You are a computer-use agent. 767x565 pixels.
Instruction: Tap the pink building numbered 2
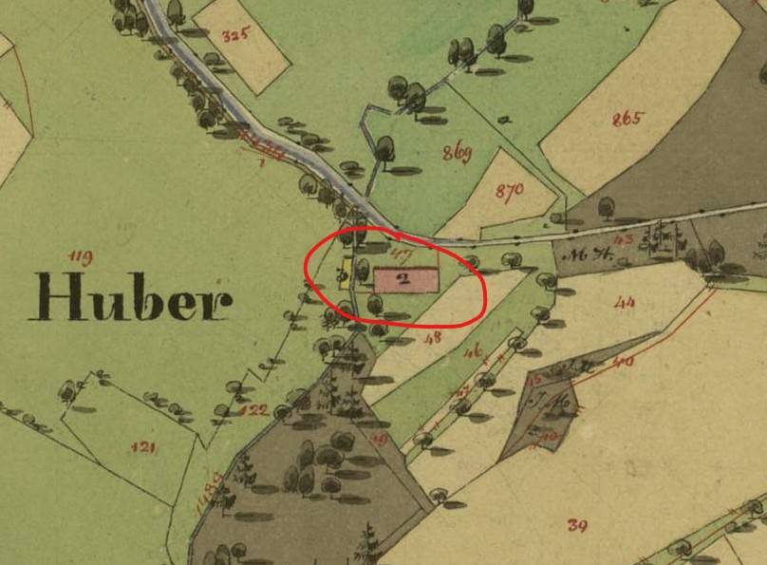pyautogui.click(x=406, y=279)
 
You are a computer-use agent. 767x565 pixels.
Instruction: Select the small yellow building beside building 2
pyautogui.click(x=345, y=274)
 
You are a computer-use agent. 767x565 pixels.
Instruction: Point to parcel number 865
pyautogui.click(x=627, y=120)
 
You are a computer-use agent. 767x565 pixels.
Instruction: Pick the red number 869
pyautogui.click(x=457, y=153)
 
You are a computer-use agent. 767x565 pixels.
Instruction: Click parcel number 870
pyautogui.click(x=510, y=190)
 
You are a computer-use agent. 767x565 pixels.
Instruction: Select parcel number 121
pyautogui.click(x=143, y=446)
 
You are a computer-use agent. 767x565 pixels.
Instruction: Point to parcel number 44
pyautogui.click(x=624, y=303)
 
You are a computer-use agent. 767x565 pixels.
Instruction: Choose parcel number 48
pyautogui.click(x=435, y=336)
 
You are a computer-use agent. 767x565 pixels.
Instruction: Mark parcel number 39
pyautogui.click(x=576, y=524)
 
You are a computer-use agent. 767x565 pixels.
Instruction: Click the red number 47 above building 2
pyautogui.click(x=401, y=254)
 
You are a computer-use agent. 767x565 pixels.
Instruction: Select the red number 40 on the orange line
pyautogui.click(x=623, y=362)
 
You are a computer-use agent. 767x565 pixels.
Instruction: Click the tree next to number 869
pyautogui.click(x=384, y=149)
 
